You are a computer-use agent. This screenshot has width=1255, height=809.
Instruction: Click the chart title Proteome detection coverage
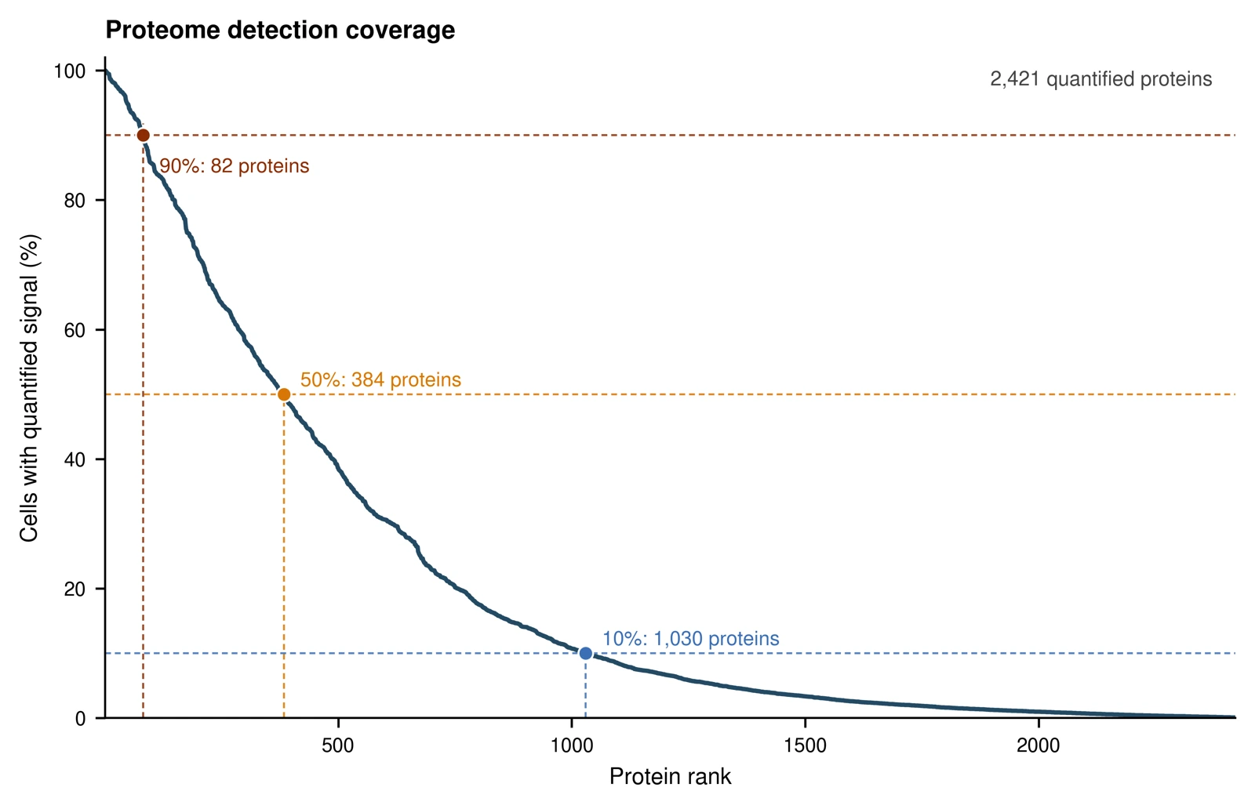(280, 31)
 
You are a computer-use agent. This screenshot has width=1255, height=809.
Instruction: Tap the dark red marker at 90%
(143, 136)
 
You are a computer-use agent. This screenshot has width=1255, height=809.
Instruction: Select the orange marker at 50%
(284, 395)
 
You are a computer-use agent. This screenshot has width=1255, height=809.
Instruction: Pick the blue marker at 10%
(585, 653)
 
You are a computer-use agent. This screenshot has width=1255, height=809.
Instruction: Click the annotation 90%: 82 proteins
(235, 166)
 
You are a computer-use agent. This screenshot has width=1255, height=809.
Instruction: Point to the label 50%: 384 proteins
(380, 380)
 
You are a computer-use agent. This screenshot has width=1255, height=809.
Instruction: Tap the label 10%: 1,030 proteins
(690, 639)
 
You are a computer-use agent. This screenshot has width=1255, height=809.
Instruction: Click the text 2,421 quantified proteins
(1101, 79)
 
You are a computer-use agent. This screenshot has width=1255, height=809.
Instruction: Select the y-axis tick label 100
(70, 71)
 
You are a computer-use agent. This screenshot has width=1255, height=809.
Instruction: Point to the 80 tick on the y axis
(75, 201)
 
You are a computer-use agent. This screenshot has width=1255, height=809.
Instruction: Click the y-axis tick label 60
(75, 330)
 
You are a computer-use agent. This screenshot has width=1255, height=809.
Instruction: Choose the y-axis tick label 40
(75, 459)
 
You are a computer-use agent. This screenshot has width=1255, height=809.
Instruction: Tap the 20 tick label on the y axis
(75, 589)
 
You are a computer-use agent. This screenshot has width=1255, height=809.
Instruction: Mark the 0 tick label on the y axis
(81, 718)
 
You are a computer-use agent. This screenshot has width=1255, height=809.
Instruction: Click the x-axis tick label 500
(338, 746)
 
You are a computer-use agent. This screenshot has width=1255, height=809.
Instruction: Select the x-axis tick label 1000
(572, 746)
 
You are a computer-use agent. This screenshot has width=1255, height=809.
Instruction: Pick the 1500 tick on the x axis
(805, 746)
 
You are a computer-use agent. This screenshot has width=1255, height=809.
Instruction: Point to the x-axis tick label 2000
(1039, 746)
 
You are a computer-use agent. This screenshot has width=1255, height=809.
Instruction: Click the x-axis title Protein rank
(670, 777)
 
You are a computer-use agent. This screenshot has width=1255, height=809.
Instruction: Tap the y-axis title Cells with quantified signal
(29, 388)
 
